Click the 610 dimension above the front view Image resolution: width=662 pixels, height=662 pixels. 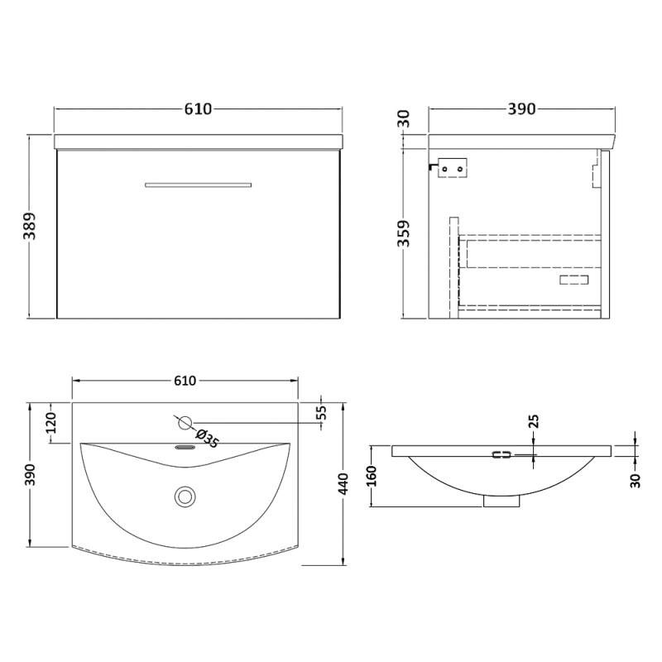pos(199,109)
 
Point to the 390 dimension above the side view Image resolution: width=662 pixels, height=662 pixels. pos(521,109)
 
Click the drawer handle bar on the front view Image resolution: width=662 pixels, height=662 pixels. pos(199,184)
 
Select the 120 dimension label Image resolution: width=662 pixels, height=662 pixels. pos(50,423)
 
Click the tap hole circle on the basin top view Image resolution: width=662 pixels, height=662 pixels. pos(184,422)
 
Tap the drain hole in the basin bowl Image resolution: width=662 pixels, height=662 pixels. pos(184,496)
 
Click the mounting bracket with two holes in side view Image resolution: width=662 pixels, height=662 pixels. pos(453,168)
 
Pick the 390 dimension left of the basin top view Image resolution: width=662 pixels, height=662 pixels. pos(31,475)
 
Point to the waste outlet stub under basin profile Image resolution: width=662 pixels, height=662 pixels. pos(501,500)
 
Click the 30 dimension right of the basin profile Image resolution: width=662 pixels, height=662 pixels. pos(636,479)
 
